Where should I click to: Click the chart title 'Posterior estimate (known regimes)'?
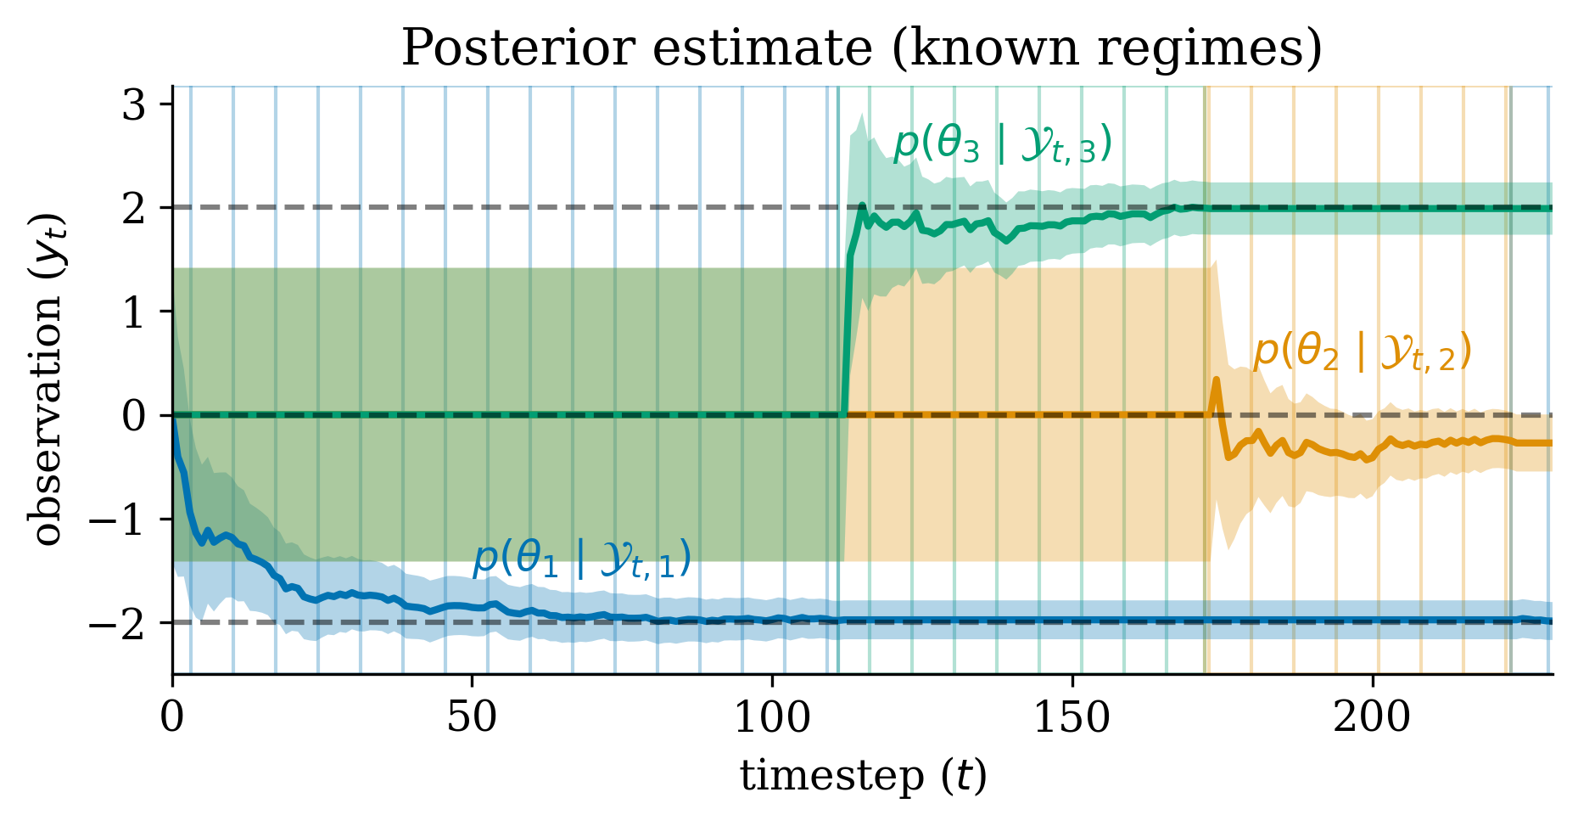861,48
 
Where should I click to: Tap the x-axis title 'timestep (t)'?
863,775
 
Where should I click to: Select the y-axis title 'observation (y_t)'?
48,379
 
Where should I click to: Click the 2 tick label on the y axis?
136,209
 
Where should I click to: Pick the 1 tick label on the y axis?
136,312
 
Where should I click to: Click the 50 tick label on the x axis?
472,718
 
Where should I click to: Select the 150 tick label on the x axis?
1072,718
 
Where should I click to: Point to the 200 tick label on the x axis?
1372,718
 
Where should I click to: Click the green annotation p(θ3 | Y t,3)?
1002,144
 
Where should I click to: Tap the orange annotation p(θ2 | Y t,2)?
1362,351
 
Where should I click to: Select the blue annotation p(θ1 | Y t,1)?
581,559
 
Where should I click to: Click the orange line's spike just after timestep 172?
1216,381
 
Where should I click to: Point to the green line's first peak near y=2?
862,205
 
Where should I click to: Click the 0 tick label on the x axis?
172,718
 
